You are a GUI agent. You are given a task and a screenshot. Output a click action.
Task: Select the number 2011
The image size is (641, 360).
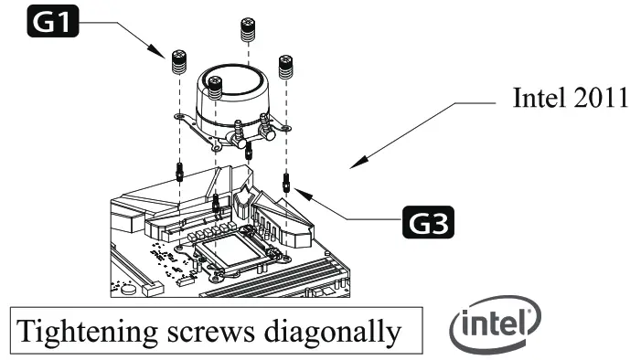[x=598, y=99]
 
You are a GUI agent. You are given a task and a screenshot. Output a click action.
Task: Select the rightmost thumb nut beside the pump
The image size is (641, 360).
[x=285, y=67]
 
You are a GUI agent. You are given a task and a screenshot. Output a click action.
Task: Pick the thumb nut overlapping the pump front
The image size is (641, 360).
[x=216, y=89]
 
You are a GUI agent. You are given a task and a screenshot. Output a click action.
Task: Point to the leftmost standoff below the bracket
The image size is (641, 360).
[x=180, y=172]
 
